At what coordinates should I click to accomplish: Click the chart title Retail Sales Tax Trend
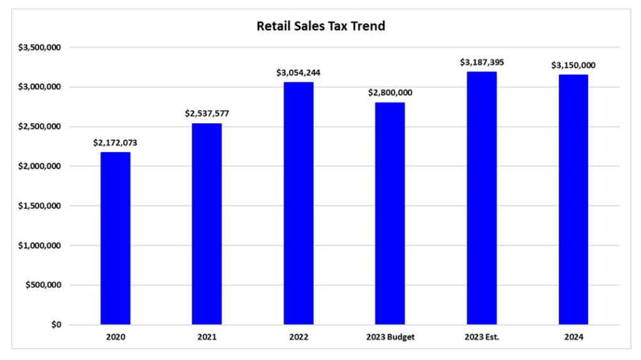pos(320,26)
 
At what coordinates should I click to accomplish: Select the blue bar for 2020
pos(116,238)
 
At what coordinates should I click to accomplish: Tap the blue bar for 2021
pos(207,224)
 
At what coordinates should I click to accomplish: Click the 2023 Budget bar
pos(390,214)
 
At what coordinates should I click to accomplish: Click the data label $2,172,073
pos(116,143)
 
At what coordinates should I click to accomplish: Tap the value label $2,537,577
pos(207,114)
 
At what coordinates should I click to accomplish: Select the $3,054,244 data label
pos(299,72)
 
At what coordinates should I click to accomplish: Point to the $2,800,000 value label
pos(390,93)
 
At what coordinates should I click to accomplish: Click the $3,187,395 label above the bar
pos(482,62)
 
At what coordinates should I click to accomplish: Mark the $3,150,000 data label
pos(573,65)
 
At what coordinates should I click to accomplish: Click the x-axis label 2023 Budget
pos(390,337)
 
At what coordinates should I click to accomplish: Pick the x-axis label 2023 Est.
pos(482,337)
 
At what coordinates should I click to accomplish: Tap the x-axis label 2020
pos(116,337)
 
